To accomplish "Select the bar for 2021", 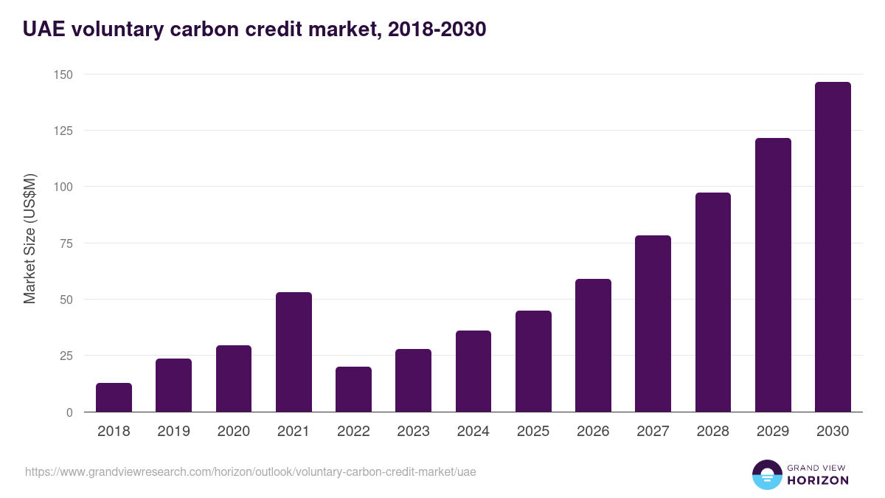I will tap(294, 352).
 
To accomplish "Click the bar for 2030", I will tap(833, 247).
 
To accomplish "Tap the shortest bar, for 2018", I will tap(114, 398).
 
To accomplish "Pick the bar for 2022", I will tap(353, 390).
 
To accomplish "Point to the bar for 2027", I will tap(653, 324).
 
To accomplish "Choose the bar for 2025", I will tap(533, 362).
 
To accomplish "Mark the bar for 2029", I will tap(773, 275).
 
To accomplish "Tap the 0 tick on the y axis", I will tap(69, 412).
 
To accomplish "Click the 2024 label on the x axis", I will tap(473, 432).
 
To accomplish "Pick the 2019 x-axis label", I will tap(173, 432).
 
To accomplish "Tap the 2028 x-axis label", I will tap(712, 432).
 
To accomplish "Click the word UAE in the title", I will tap(44, 30).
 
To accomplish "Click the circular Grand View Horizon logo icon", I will tap(767, 474).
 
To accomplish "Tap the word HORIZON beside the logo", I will tap(818, 480).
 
